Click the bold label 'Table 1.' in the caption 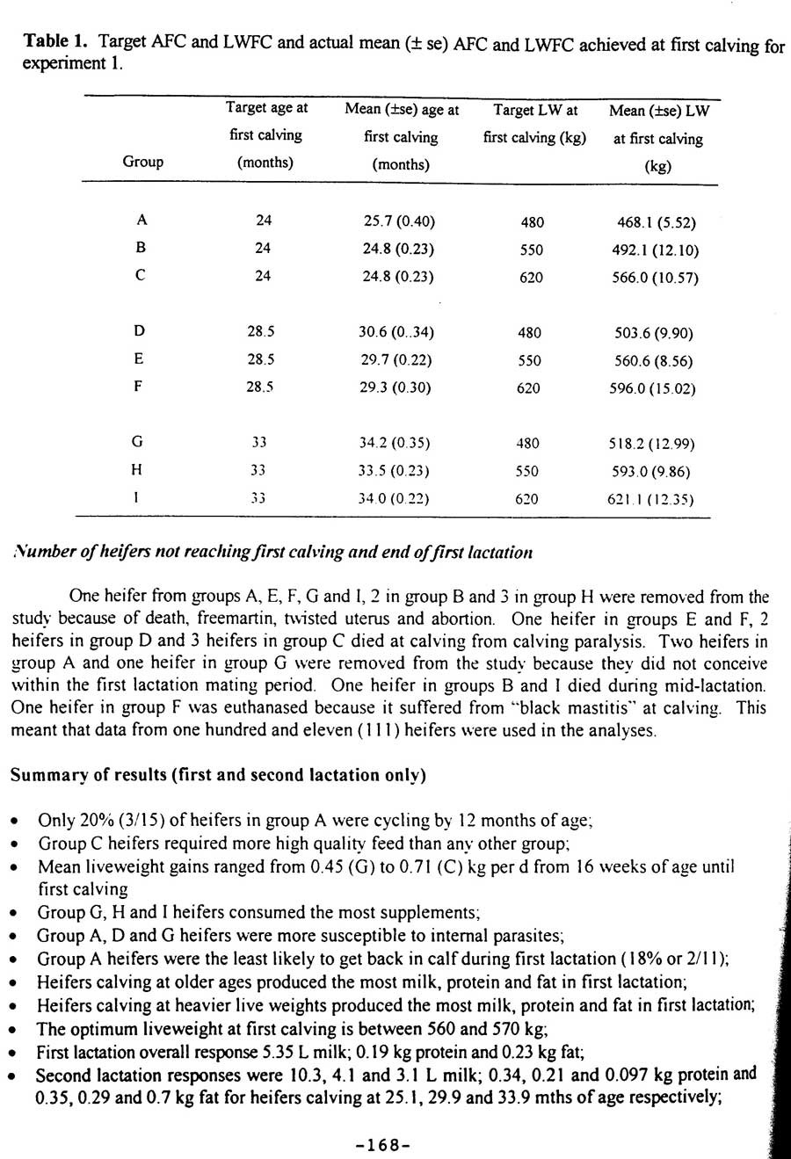57,41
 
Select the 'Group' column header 142,162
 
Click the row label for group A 141,221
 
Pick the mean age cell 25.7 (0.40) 399,221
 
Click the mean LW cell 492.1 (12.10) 655,250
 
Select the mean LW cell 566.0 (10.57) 655,278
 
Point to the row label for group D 140,331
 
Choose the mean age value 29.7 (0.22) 395,359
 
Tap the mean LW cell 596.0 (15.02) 652,388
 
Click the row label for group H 136,470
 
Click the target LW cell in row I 527,499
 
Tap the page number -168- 383,1145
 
